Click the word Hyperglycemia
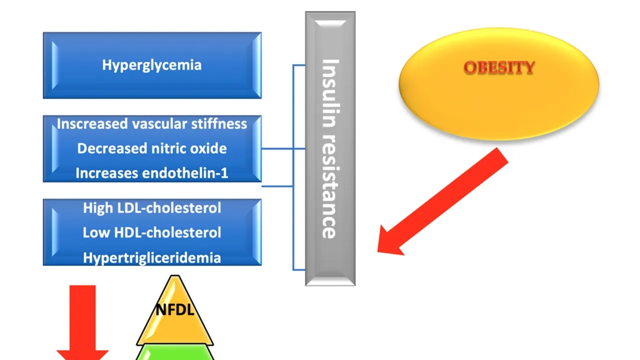(x=151, y=65)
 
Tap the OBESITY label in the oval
(x=499, y=68)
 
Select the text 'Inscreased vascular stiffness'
(x=151, y=124)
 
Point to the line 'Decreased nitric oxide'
(x=151, y=148)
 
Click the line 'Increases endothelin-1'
(x=151, y=173)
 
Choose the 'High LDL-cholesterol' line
(x=151, y=207)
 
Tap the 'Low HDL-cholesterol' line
(x=151, y=232)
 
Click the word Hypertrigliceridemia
(x=151, y=258)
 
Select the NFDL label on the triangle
(x=174, y=310)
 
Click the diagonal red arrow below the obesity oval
(x=445, y=200)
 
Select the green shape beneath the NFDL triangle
(x=175, y=352)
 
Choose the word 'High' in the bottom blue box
(x=98, y=207)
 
